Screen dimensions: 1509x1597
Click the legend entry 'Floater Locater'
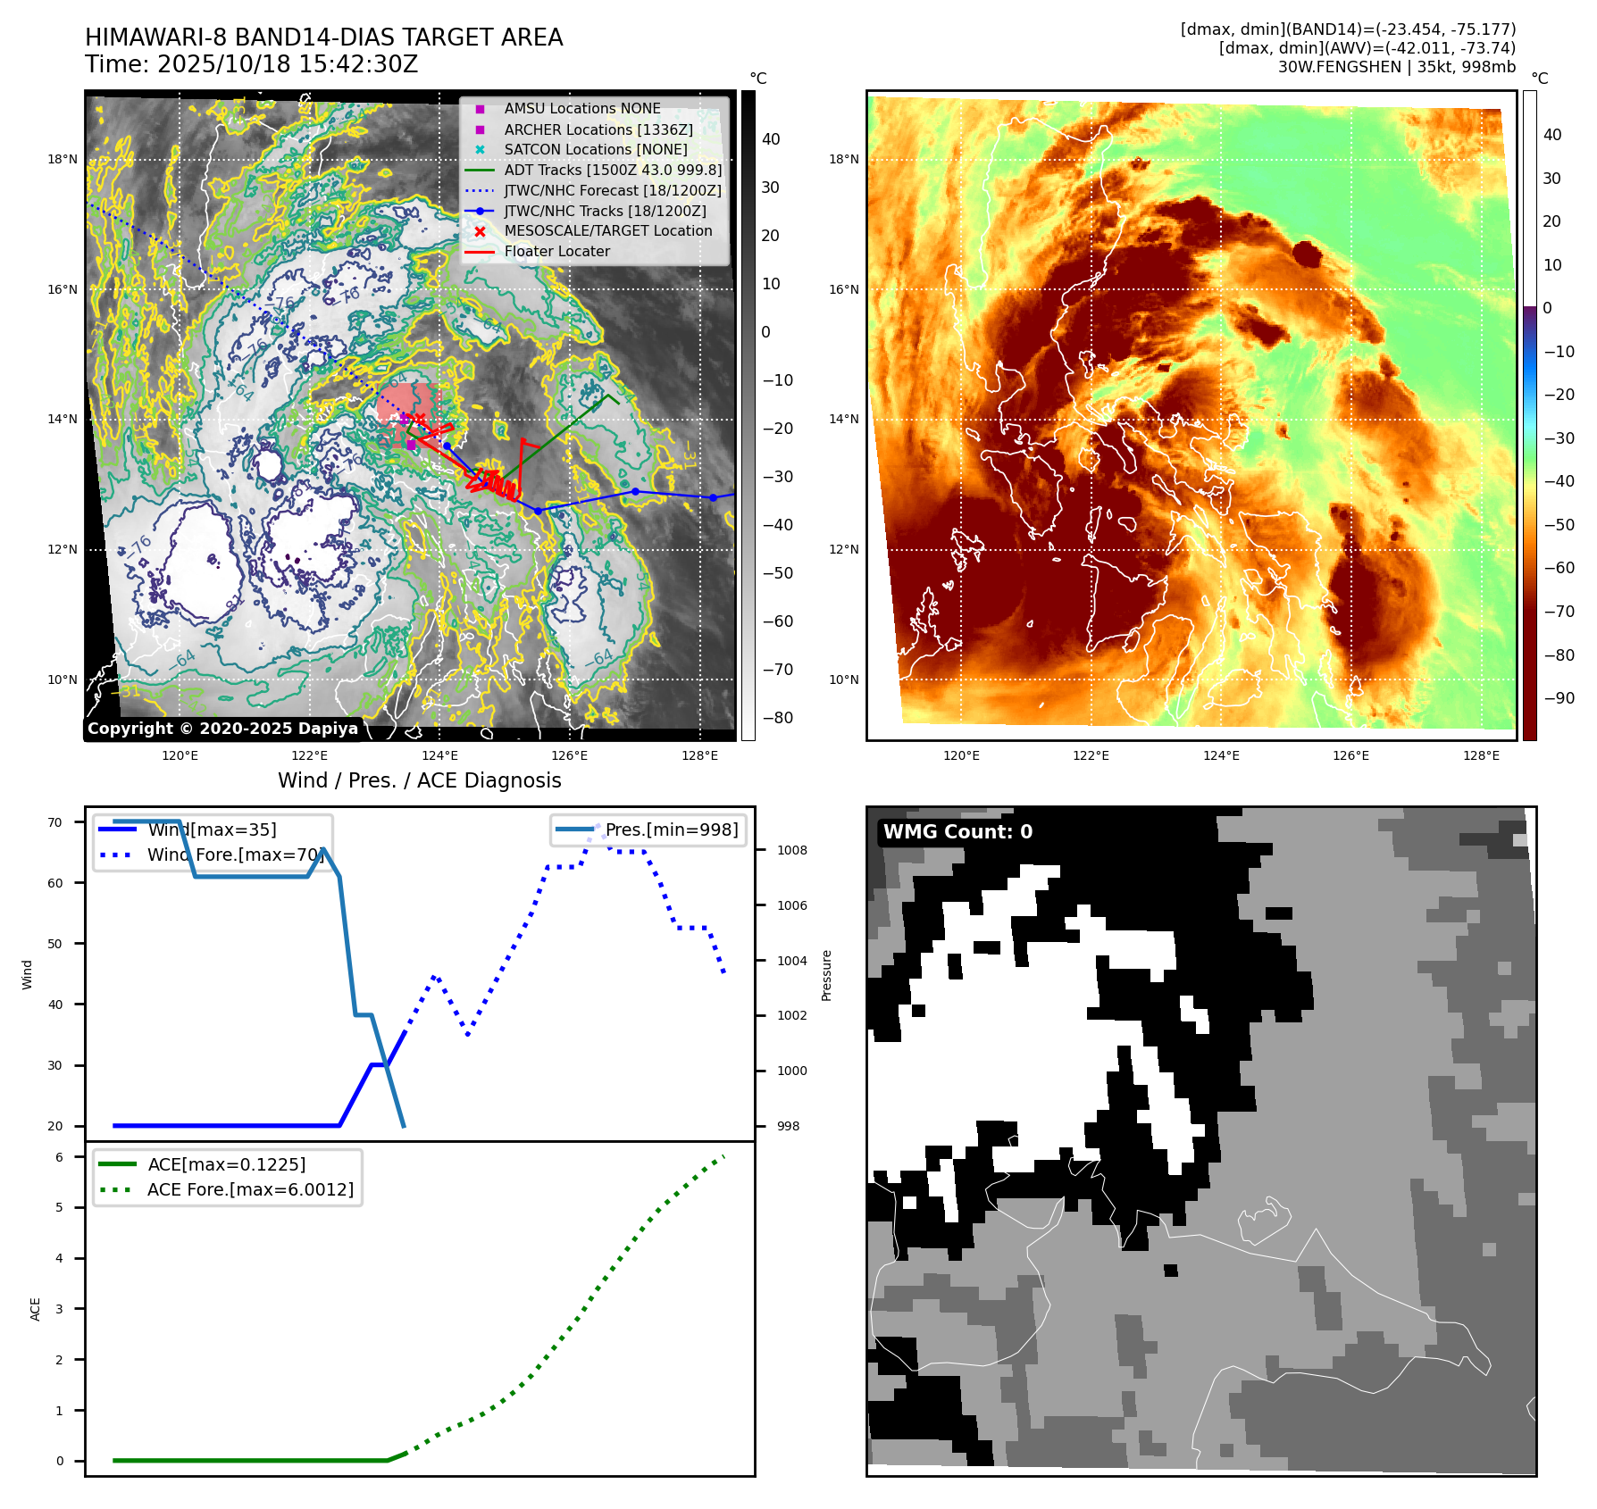(x=556, y=252)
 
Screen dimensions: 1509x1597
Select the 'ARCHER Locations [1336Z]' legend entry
(x=598, y=129)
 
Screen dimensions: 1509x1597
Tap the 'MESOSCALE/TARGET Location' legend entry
(x=607, y=231)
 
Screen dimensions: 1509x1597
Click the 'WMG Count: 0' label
(x=957, y=832)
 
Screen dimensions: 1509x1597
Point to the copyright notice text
(x=222, y=729)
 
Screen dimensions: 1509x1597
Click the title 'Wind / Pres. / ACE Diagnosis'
(x=419, y=780)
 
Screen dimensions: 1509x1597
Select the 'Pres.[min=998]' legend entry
(x=671, y=830)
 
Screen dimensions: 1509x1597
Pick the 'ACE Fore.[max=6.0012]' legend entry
(x=250, y=1189)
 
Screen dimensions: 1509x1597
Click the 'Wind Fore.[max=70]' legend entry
(x=234, y=855)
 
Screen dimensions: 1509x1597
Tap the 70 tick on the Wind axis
(x=55, y=822)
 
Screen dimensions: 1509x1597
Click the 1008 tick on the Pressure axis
(x=791, y=850)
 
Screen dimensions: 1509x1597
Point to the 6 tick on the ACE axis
(x=60, y=1157)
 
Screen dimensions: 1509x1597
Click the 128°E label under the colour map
(x=1481, y=755)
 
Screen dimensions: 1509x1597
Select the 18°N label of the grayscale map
(x=63, y=160)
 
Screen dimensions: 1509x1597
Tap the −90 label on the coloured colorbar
(x=1559, y=698)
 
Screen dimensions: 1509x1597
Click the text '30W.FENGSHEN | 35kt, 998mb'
(x=1396, y=67)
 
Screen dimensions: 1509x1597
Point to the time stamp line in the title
(x=252, y=64)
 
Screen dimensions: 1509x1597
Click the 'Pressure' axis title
(x=826, y=975)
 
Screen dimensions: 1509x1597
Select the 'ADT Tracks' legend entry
(x=612, y=170)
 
